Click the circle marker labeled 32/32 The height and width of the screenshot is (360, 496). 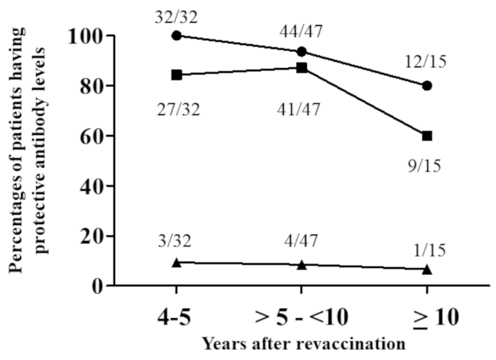pyautogui.click(x=176, y=35)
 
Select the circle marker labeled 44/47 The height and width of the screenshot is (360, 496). pyautogui.click(x=301, y=51)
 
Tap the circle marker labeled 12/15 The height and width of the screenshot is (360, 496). pyautogui.click(x=427, y=85)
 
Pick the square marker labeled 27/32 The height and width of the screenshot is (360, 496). pyautogui.click(x=176, y=75)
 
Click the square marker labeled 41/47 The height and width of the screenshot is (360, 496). pyautogui.click(x=301, y=67)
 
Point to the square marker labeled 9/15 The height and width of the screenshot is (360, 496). pyautogui.click(x=427, y=135)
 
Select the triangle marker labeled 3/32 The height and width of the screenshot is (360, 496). pyautogui.click(x=176, y=262)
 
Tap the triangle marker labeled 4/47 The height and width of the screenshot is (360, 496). pyautogui.click(x=301, y=264)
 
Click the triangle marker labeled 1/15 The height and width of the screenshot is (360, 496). pyautogui.click(x=427, y=269)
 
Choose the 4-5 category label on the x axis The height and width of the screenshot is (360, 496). pyautogui.click(x=176, y=317)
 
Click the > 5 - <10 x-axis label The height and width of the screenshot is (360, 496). pyautogui.click(x=301, y=317)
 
